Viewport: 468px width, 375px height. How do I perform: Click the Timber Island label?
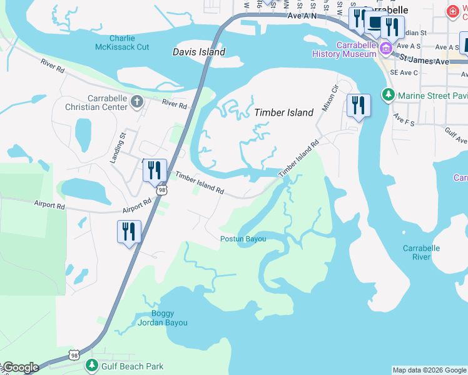point(283,112)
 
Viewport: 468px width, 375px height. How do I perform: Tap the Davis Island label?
point(199,52)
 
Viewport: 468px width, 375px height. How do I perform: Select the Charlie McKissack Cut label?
point(122,42)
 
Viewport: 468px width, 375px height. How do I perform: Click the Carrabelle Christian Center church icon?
point(138,101)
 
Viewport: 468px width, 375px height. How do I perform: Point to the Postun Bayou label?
point(243,239)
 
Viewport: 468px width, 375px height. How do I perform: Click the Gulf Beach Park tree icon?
point(93,365)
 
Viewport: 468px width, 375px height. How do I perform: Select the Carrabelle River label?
point(421,252)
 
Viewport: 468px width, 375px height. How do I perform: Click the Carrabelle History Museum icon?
point(386,48)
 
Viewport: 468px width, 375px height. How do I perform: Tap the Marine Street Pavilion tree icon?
point(389,95)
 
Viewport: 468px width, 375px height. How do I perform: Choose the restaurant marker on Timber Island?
point(359,105)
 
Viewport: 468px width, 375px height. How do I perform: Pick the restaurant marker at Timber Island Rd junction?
point(154,170)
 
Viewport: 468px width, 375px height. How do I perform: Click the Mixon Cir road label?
point(330,98)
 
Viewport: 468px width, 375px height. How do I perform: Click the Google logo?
point(20,367)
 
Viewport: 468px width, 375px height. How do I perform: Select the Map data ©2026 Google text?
point(429,370)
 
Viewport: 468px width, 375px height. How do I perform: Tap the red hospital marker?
point(452,11)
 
